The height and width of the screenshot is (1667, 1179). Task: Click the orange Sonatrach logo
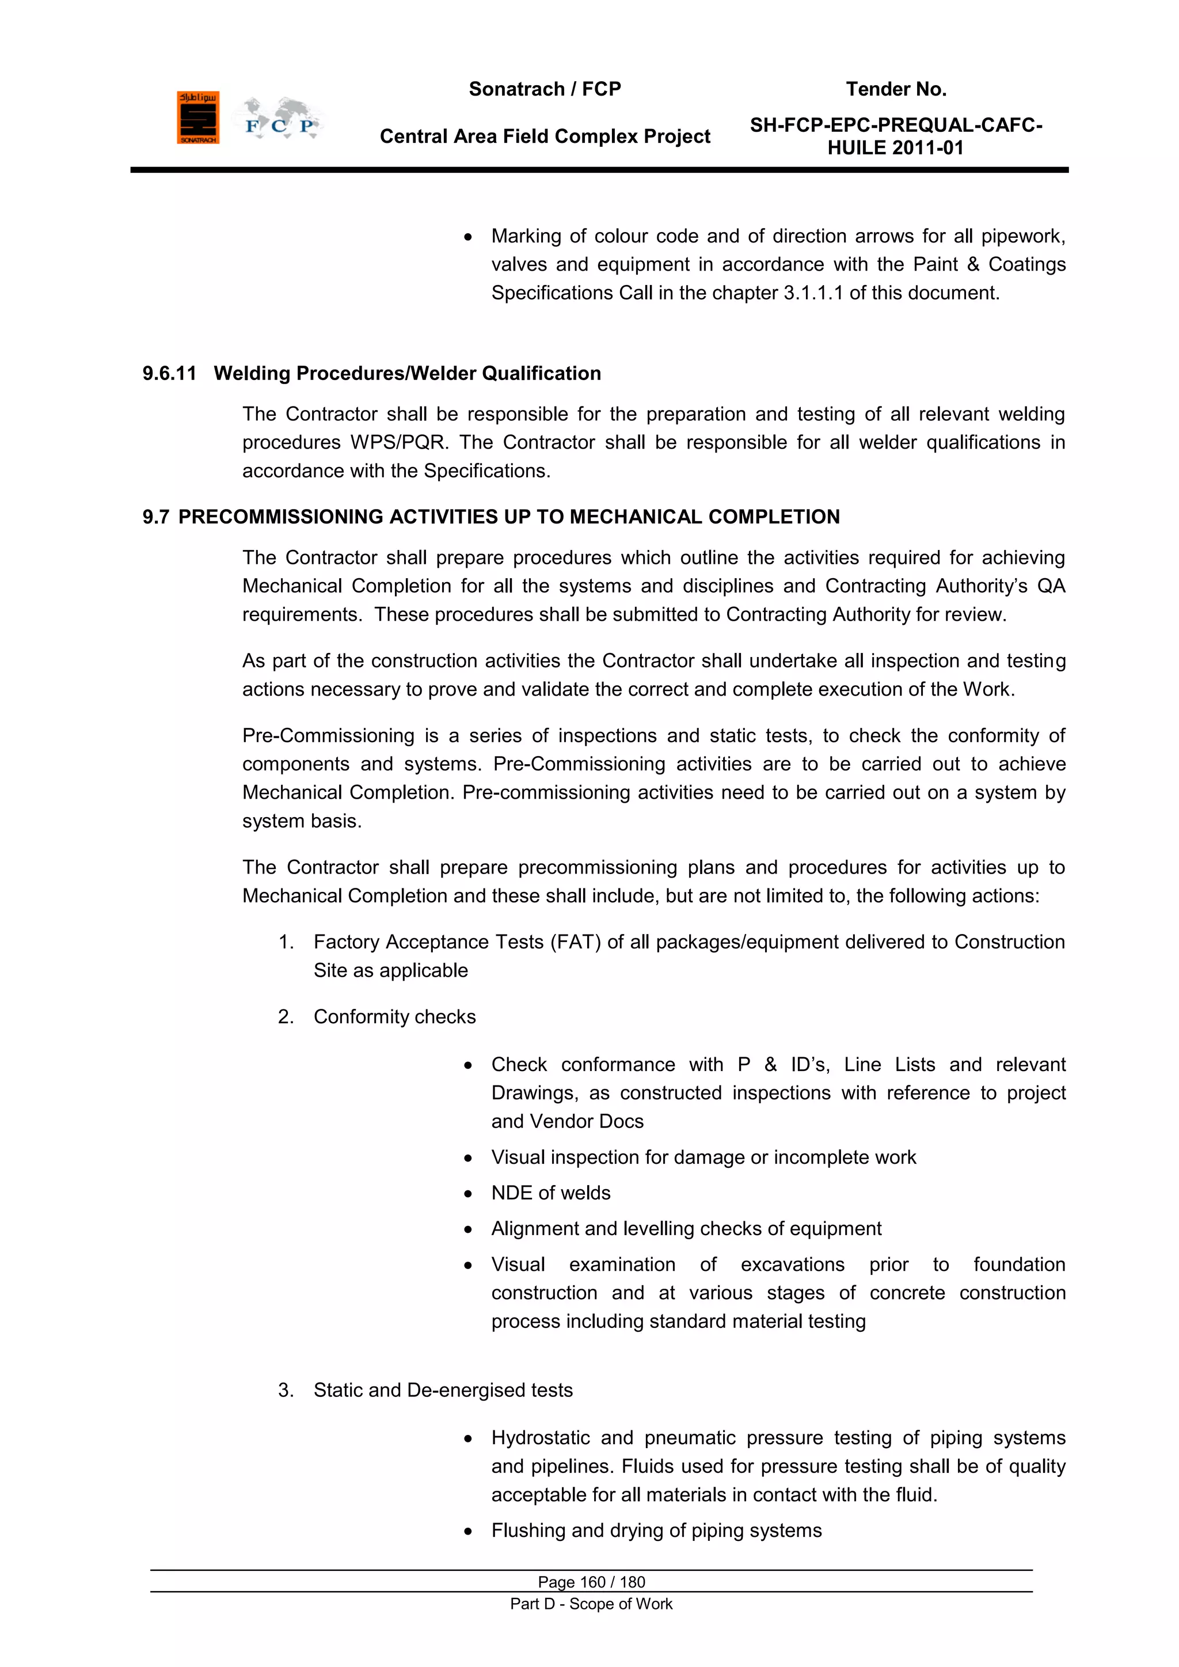coord(197,117)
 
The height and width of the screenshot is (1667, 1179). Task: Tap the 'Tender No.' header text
coord(896,89)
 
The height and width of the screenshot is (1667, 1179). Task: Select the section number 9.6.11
coord(169,373)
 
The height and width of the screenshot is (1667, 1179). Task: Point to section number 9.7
coord(155,517)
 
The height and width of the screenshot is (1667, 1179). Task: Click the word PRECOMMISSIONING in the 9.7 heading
coord(281,517)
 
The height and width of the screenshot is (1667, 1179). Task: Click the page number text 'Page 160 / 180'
coord(591,1581)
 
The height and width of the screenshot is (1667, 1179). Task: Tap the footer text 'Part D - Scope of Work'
coord(591,1604)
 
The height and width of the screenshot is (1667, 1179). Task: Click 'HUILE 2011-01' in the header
coord(895,148)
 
